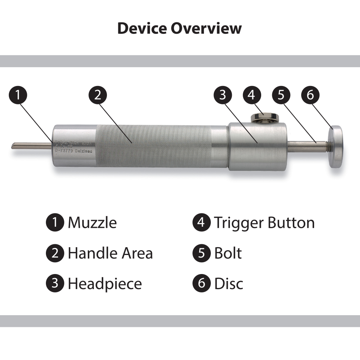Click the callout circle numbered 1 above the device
(x=18, y=95)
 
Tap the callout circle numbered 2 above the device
(x=97, y=95)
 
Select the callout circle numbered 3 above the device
(x=223, y=95)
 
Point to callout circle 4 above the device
(x=252, y=95)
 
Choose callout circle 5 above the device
(x=281, y=95)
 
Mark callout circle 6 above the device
(x=310, y=95)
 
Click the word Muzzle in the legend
(x=92, y=223)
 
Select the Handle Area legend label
(x=110, y=253)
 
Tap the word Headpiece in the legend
(x=105, y=284)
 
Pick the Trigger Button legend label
(x=264, y=223)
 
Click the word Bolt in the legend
(x=228, y=253)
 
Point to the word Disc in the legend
(x=228, y=284)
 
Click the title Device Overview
(x=180, y=28)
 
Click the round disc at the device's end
(x=335, y=147)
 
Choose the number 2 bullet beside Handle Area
(x=55, y=253)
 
